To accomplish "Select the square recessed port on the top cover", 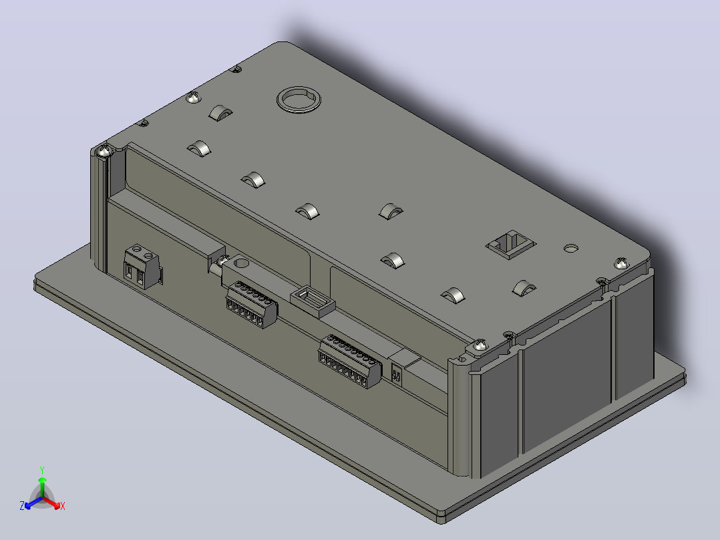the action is click(x=510, y=245).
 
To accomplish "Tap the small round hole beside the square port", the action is click(x=571, y=248).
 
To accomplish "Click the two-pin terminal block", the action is click(x=142, y=267).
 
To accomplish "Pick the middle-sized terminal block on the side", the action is click(x=251, y=304).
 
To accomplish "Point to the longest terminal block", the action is click(x=349, y=362).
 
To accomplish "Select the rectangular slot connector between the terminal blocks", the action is click(x=313, y=301).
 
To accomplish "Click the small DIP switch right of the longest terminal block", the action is click(x=397, y=373).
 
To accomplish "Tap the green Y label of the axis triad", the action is click(x=42, y=470).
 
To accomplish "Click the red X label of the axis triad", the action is click(x=63, y=506).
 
